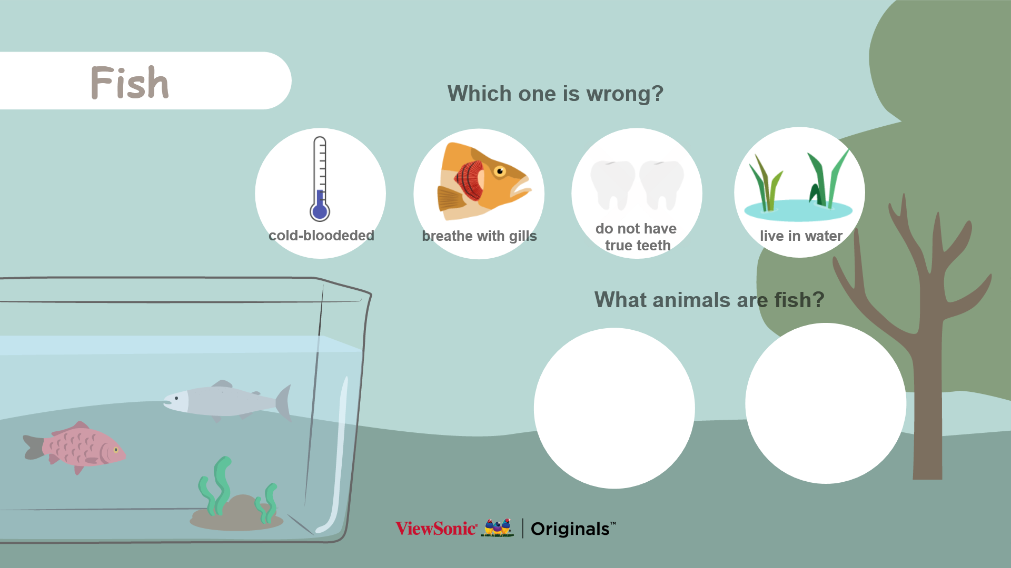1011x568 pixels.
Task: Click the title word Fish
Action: coord(130,83)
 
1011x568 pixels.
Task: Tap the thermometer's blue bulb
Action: coord(320,211)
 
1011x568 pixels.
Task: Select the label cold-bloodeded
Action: coord(321,235)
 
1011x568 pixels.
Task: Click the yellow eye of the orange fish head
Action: coord(500,171)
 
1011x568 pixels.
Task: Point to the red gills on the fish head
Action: coord(470,180)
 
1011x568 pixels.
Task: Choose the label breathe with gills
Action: coord(479,236)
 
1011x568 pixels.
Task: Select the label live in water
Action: coord(801,236)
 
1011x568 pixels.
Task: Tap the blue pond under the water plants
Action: coord(798,211)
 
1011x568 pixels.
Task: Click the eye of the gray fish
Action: coord(176,399)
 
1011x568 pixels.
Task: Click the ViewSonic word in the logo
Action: coord(437,529)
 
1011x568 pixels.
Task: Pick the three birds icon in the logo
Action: coord(498,527)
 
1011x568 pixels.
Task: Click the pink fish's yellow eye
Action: coord(116,450)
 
